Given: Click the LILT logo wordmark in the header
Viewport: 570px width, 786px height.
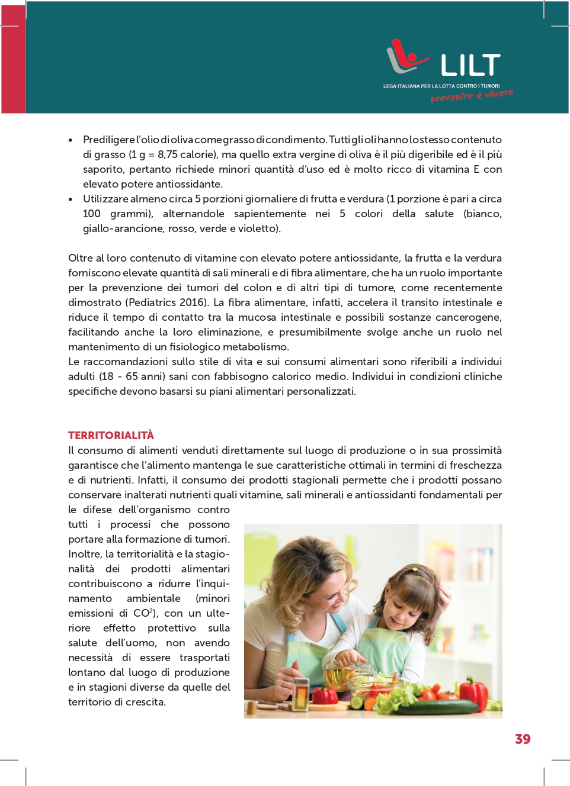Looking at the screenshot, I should (x=470, y=65).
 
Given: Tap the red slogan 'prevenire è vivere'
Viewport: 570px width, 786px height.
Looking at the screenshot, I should (x=472, y=96).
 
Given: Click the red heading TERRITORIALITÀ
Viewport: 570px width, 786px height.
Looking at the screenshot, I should (x=111, y=436).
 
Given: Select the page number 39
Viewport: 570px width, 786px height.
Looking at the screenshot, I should (x=523, y=739).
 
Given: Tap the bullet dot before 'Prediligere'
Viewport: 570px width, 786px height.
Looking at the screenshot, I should (x=71, y=140).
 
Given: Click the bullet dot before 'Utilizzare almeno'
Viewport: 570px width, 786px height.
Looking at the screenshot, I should (x=71, y=199).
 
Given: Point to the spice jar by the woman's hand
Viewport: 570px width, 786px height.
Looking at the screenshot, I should (x=302, y=693).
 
